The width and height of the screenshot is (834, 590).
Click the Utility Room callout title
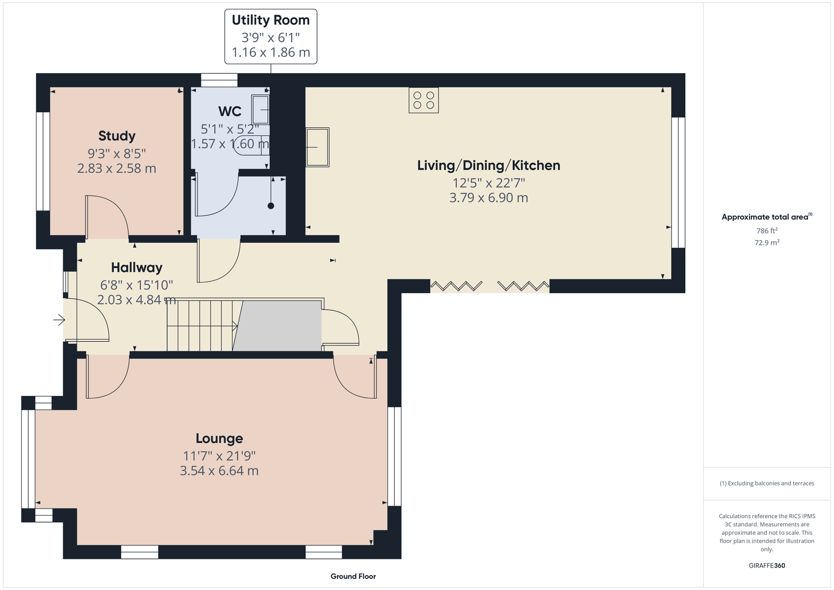point(271,20)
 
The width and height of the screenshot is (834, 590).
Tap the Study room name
point(116,136)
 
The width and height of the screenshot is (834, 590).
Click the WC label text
point(230,112)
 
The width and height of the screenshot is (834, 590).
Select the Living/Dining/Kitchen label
point(489,165)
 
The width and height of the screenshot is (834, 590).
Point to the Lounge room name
point(220,438)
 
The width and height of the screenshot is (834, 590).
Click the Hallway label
point(137,268)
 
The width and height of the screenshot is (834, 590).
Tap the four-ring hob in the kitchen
point(424,100)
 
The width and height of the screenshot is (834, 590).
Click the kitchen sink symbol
point(318,147)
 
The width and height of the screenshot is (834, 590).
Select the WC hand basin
point(260,109)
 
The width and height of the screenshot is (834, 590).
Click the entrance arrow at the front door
point(59,320)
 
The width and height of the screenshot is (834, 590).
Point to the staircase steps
point(201,325)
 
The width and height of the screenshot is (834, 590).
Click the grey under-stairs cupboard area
point(277,326)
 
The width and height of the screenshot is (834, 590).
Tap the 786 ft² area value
point(767,231)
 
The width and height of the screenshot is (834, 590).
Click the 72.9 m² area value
point(767,242)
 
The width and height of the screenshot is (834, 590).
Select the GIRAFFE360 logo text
point(767,565)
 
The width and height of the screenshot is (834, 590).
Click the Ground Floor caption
point(354,576)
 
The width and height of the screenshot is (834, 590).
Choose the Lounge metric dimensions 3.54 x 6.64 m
point(220,471)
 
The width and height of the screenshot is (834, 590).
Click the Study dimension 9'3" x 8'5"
point(116,153)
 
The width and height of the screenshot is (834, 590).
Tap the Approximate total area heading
point(767,217)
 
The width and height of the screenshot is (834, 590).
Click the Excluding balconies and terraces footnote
point(767,483)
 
